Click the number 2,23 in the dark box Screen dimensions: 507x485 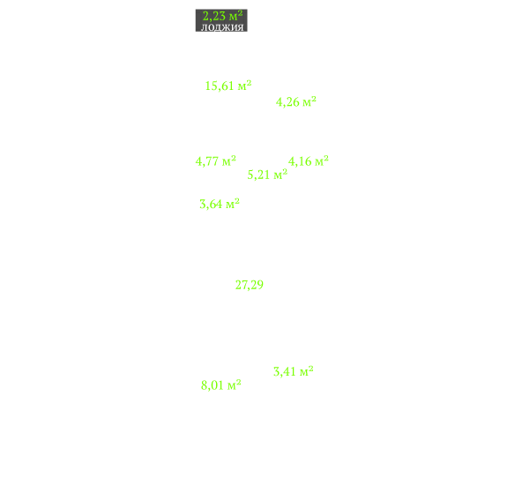coord(214,16)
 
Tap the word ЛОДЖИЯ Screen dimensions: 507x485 coord(222,27)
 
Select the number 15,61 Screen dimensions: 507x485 coord(220,86)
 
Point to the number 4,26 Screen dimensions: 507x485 coord(287,102)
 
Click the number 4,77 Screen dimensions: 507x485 coord(207,161)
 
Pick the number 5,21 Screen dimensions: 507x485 coord(258,175)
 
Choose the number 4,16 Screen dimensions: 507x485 coord(300,161)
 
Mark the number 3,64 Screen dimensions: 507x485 coord(211,205)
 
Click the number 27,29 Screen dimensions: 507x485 coord(250,285)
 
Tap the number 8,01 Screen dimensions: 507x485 coord(212,385)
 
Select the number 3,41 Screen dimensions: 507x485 coord(285,371)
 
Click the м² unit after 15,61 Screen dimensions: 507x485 coord(245,85)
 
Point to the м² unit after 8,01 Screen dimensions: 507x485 coord(235,384)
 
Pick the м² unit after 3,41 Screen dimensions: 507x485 coord(307,370)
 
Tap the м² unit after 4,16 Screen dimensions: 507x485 coord(322,160)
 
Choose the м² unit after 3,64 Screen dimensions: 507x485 coord(233,204)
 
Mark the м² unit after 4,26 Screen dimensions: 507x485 coord(309,101)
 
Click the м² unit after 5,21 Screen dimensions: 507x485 coord(280,174)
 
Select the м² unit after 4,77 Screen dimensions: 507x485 coord(229,160)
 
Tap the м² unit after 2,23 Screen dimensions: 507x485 coord(235,16)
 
